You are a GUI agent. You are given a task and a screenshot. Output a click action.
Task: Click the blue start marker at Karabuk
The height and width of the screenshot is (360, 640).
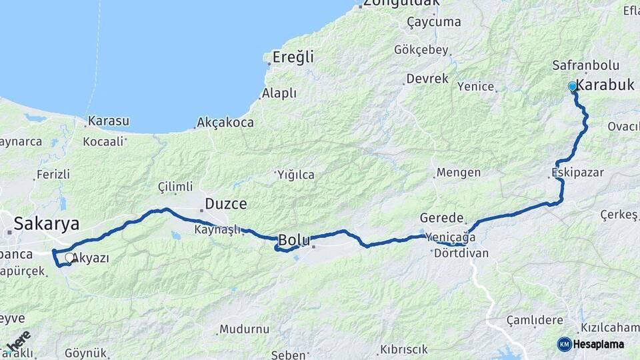(572, 87)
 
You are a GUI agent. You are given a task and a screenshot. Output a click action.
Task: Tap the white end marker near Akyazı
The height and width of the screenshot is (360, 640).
(69, 257)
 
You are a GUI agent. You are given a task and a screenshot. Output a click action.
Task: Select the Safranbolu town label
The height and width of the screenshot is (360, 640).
(586, 65)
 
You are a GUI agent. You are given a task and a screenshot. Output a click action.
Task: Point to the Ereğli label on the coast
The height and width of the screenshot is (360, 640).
(293, 57)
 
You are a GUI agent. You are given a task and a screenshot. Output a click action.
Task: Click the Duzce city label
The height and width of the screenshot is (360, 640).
(226, 204)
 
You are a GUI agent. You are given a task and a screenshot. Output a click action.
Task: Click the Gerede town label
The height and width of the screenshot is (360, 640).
(441, 218)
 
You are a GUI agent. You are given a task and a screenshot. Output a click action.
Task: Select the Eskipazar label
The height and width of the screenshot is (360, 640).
(577, 173)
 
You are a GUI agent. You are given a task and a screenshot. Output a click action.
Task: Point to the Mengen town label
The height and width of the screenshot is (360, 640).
(459, 173)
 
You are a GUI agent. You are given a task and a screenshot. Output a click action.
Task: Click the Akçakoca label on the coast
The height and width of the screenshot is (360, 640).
(225, 123)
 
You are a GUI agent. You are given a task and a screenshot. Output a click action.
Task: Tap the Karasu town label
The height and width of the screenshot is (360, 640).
(109, 122)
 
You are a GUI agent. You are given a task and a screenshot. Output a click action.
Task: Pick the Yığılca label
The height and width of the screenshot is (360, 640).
(295, 175)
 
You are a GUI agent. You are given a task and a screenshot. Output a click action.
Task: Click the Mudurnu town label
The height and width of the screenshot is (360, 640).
(244, 329)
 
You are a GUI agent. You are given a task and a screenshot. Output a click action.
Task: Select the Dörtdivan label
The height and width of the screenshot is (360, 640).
(461, 253)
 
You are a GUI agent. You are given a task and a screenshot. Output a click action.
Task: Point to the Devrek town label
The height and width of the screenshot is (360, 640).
(427, 79)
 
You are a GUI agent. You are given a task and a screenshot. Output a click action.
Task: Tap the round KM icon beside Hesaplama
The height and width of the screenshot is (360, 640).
(565, 344)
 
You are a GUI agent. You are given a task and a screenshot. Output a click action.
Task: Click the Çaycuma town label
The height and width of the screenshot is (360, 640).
(434, 22)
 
